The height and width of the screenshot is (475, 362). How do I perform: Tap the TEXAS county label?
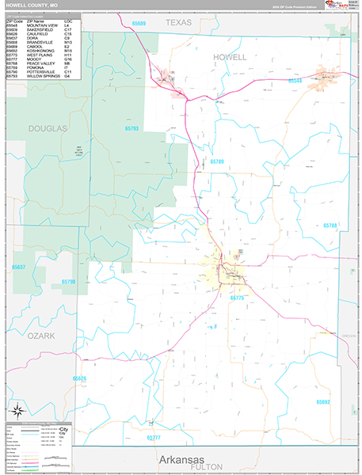(178, 24)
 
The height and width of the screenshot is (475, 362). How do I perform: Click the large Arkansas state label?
(180, 460)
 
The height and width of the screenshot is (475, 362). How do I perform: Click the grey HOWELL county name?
(230, 57)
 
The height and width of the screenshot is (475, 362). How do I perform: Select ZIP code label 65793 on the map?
(131, 128)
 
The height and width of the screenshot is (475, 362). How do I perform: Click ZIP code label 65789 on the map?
(217, 161)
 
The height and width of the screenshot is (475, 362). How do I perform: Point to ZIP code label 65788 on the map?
(330, 226)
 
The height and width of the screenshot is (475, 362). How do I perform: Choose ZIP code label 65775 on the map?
(238, 298)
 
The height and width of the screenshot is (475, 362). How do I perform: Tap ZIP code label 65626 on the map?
(79, 379)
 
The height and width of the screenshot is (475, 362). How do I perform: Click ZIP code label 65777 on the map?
(153, 437)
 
